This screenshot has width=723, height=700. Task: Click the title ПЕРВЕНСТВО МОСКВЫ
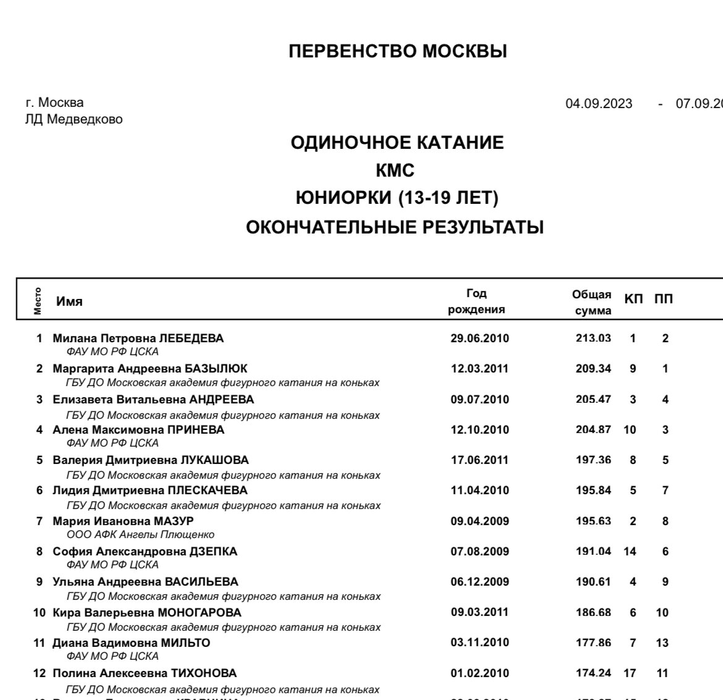pos(397,51)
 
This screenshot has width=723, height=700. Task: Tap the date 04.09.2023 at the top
pos(599,103)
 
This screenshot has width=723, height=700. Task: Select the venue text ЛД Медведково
pos(74,119)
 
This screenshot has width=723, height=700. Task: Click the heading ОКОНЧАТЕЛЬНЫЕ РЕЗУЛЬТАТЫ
pos(395,227)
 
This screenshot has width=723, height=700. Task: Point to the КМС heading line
pos(395,171)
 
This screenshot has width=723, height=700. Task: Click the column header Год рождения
pos(476,302)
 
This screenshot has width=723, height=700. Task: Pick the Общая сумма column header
pos(592,302)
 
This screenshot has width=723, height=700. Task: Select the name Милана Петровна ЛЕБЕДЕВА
pos(138,338)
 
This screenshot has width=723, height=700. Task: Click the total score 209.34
pos(593,369)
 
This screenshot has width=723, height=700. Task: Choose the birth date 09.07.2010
pos(480,399)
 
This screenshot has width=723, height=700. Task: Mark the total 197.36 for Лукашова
pos(593,460)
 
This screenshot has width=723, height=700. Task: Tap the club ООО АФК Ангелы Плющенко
pos(140,534)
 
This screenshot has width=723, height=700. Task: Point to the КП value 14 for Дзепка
pos(630,551)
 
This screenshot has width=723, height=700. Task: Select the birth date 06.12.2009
pos(480,581)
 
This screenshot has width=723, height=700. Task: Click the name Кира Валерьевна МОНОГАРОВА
pos(146,612)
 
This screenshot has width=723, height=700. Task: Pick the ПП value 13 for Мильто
pos(662,643)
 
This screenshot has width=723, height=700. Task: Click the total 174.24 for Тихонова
pos(593,673)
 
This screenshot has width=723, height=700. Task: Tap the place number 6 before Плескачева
pos(40,491)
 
